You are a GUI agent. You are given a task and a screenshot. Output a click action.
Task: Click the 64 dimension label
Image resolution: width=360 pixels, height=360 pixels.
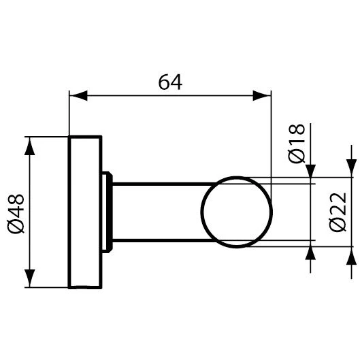(170, 82)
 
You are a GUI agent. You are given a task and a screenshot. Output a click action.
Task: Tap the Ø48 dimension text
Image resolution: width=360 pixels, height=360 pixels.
(16, 214)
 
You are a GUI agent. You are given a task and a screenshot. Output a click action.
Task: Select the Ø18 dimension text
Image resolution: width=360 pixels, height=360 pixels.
(297, 144)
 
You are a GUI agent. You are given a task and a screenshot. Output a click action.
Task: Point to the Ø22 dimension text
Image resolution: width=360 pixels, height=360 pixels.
(338, 212)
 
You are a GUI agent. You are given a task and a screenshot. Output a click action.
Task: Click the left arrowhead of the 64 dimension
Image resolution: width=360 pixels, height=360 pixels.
(78, 95)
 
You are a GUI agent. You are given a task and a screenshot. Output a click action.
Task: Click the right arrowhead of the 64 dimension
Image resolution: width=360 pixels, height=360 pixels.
(262, 95)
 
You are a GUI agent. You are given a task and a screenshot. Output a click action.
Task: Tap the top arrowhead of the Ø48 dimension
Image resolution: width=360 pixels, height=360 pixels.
(30, 146)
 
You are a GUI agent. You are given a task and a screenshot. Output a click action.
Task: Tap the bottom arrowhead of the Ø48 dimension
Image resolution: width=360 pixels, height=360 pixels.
(30, 278)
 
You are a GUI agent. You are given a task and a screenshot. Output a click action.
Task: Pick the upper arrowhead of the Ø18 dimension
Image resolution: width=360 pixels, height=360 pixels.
(310, 171)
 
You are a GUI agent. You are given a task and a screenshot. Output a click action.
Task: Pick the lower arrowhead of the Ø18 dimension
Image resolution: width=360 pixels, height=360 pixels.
(310, 253)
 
